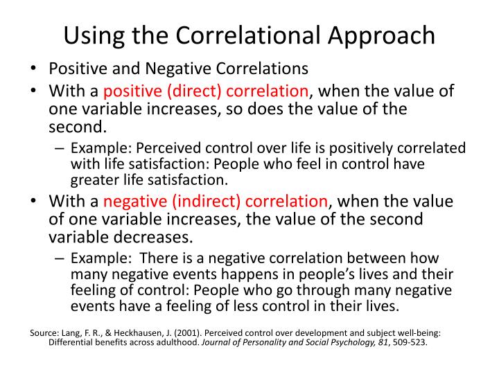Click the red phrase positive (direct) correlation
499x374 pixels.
tap(206, 91)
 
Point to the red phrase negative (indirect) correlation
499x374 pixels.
tap(216, 202)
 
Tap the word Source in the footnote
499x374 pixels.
tap(44, 332)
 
